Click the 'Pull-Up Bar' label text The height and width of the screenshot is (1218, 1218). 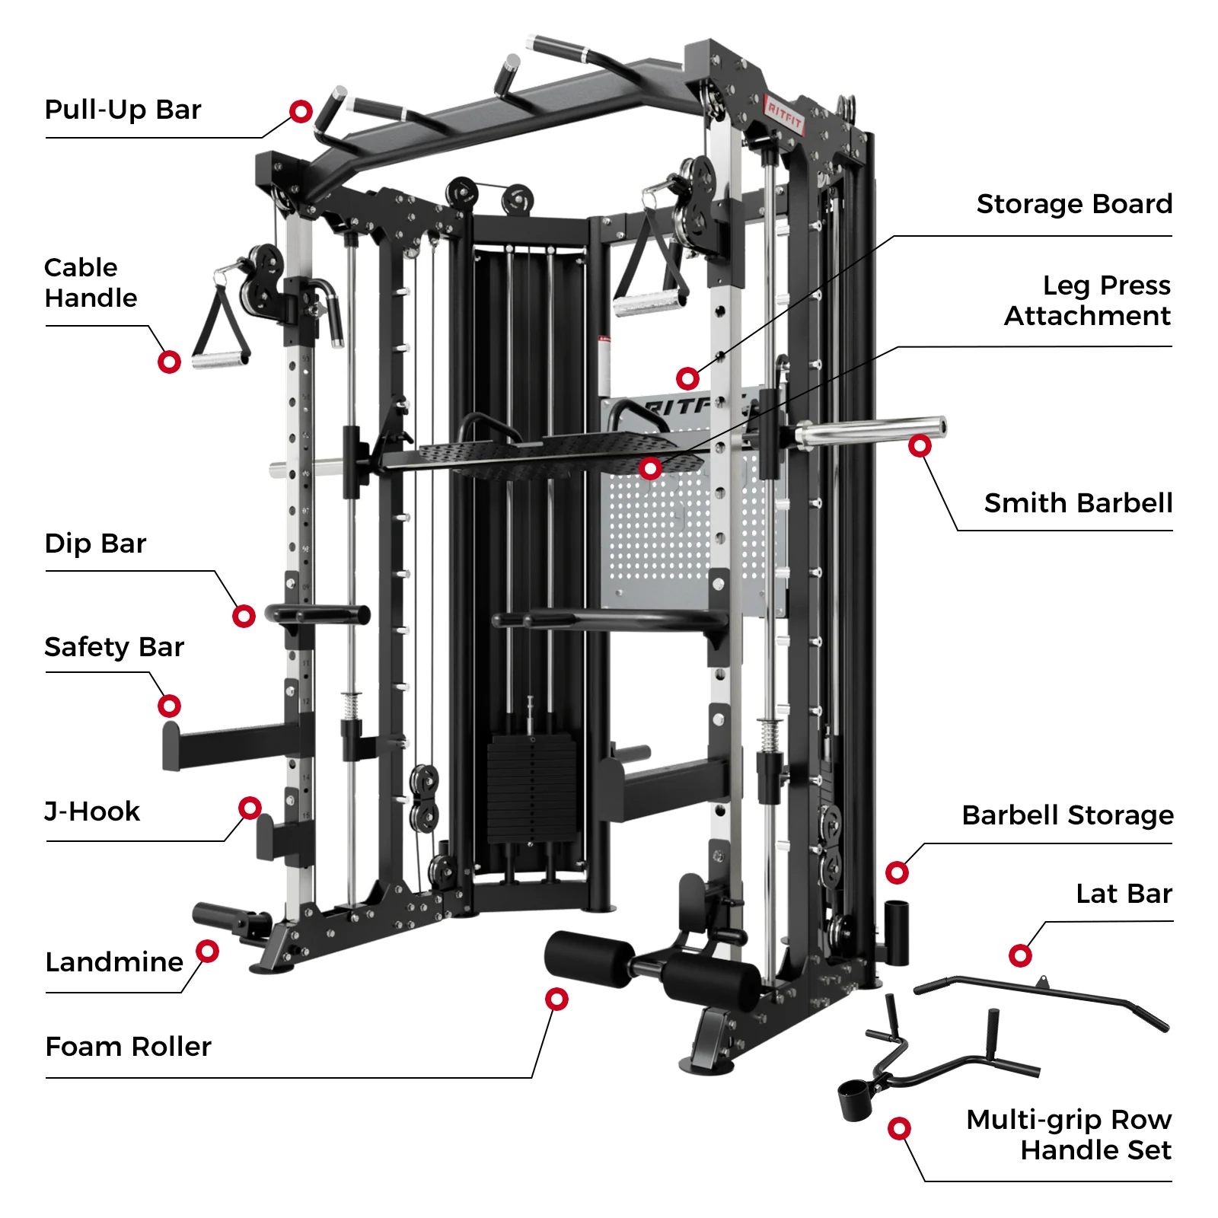123,110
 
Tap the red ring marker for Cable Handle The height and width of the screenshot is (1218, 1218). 169,362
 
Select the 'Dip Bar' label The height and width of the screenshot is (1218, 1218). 95,544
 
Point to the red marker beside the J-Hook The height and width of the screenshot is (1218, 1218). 250,808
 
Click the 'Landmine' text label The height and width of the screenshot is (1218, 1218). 114,962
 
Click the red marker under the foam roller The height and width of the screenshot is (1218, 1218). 556,999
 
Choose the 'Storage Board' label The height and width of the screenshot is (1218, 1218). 1073,204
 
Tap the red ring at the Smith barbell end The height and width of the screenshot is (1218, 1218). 920,445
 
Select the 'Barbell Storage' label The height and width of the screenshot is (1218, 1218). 1067,815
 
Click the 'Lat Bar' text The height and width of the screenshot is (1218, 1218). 1124,894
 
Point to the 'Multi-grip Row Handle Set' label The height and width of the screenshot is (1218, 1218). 1069,1134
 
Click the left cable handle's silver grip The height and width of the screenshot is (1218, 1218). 220,359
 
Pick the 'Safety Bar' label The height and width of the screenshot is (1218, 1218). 114,647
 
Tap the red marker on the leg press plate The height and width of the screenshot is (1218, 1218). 649,468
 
